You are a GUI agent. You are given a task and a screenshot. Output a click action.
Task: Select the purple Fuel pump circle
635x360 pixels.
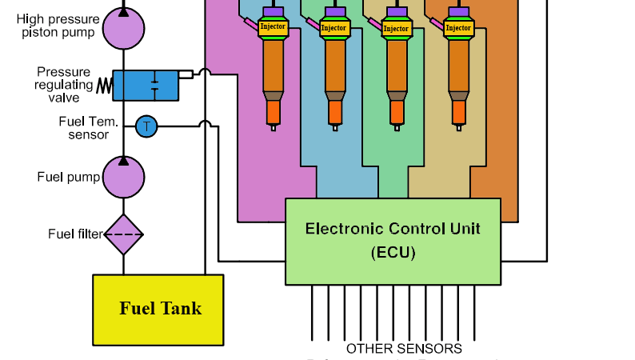click(x=123, y=177)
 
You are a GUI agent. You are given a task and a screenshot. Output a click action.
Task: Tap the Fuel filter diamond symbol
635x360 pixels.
click(x=123, y=234)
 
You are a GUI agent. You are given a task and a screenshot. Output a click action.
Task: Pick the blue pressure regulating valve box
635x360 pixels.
click(x=145, y=85)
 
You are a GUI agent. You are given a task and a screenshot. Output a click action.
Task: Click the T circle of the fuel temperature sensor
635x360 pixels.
click(x=146, y=126)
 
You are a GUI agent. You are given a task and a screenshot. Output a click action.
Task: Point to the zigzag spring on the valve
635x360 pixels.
click(x=104, y=85)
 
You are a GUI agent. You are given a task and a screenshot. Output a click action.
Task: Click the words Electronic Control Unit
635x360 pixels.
click(x=393, y=229)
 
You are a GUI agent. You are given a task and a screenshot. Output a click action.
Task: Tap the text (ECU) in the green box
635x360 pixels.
click(x=393, y=252)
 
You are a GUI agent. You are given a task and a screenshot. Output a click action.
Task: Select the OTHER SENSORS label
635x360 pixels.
click(x=403, y=349)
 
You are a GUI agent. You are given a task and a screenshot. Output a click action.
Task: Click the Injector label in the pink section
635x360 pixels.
click(x=273, y=27)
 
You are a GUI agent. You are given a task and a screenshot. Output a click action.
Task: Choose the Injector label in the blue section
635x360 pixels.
click(x=333, y=28)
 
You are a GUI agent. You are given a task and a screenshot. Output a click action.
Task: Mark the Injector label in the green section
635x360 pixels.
click(x=396, y=28)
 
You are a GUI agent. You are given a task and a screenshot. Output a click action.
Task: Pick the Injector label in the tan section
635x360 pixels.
click(x=457, y=28)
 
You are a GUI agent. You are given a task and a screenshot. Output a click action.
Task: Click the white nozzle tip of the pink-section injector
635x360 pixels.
click(x=273, y=126)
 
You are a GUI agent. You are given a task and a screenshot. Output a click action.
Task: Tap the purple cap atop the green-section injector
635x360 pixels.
click(x=396, y=12)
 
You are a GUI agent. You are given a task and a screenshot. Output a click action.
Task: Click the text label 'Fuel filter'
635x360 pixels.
click(x=75, y=234)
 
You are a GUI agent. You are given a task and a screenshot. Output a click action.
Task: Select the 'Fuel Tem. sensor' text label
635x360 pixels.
click(x=88, y=128)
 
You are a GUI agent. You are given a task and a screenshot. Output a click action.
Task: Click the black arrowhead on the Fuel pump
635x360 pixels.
click(x=123, y=161)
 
